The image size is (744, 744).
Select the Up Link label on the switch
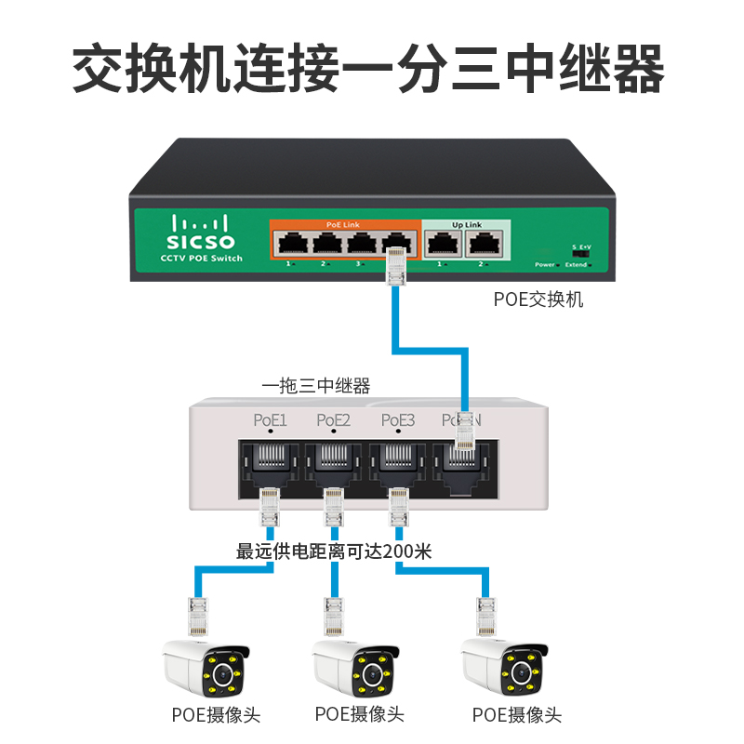pos(467,225)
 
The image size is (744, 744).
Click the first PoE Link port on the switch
pos(292,244)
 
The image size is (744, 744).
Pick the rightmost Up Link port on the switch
pos(485,244)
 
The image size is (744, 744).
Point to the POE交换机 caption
pos(538,300)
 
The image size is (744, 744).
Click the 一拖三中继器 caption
pos(316,385)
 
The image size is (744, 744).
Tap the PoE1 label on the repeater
pos(271,420)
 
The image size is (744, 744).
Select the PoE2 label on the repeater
pos(334,420)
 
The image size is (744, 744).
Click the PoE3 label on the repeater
pos(398,420)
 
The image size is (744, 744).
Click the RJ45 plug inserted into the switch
pos(397,268)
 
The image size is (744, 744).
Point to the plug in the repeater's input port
pos(463,432)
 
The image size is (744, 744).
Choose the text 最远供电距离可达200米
pos(334,551)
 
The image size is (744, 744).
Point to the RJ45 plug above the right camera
pos(485,616)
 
